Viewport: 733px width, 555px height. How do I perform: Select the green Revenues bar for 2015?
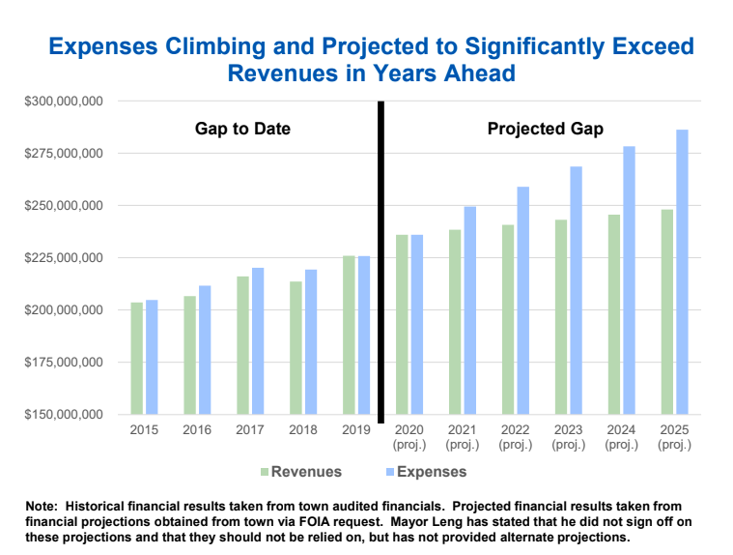[137, 359]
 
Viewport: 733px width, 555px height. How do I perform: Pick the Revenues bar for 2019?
[349, 335]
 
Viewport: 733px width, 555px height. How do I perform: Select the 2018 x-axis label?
[303, 428]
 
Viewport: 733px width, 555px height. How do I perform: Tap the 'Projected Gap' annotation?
[546, 129]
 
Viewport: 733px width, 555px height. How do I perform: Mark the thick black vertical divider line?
[381, 261]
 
